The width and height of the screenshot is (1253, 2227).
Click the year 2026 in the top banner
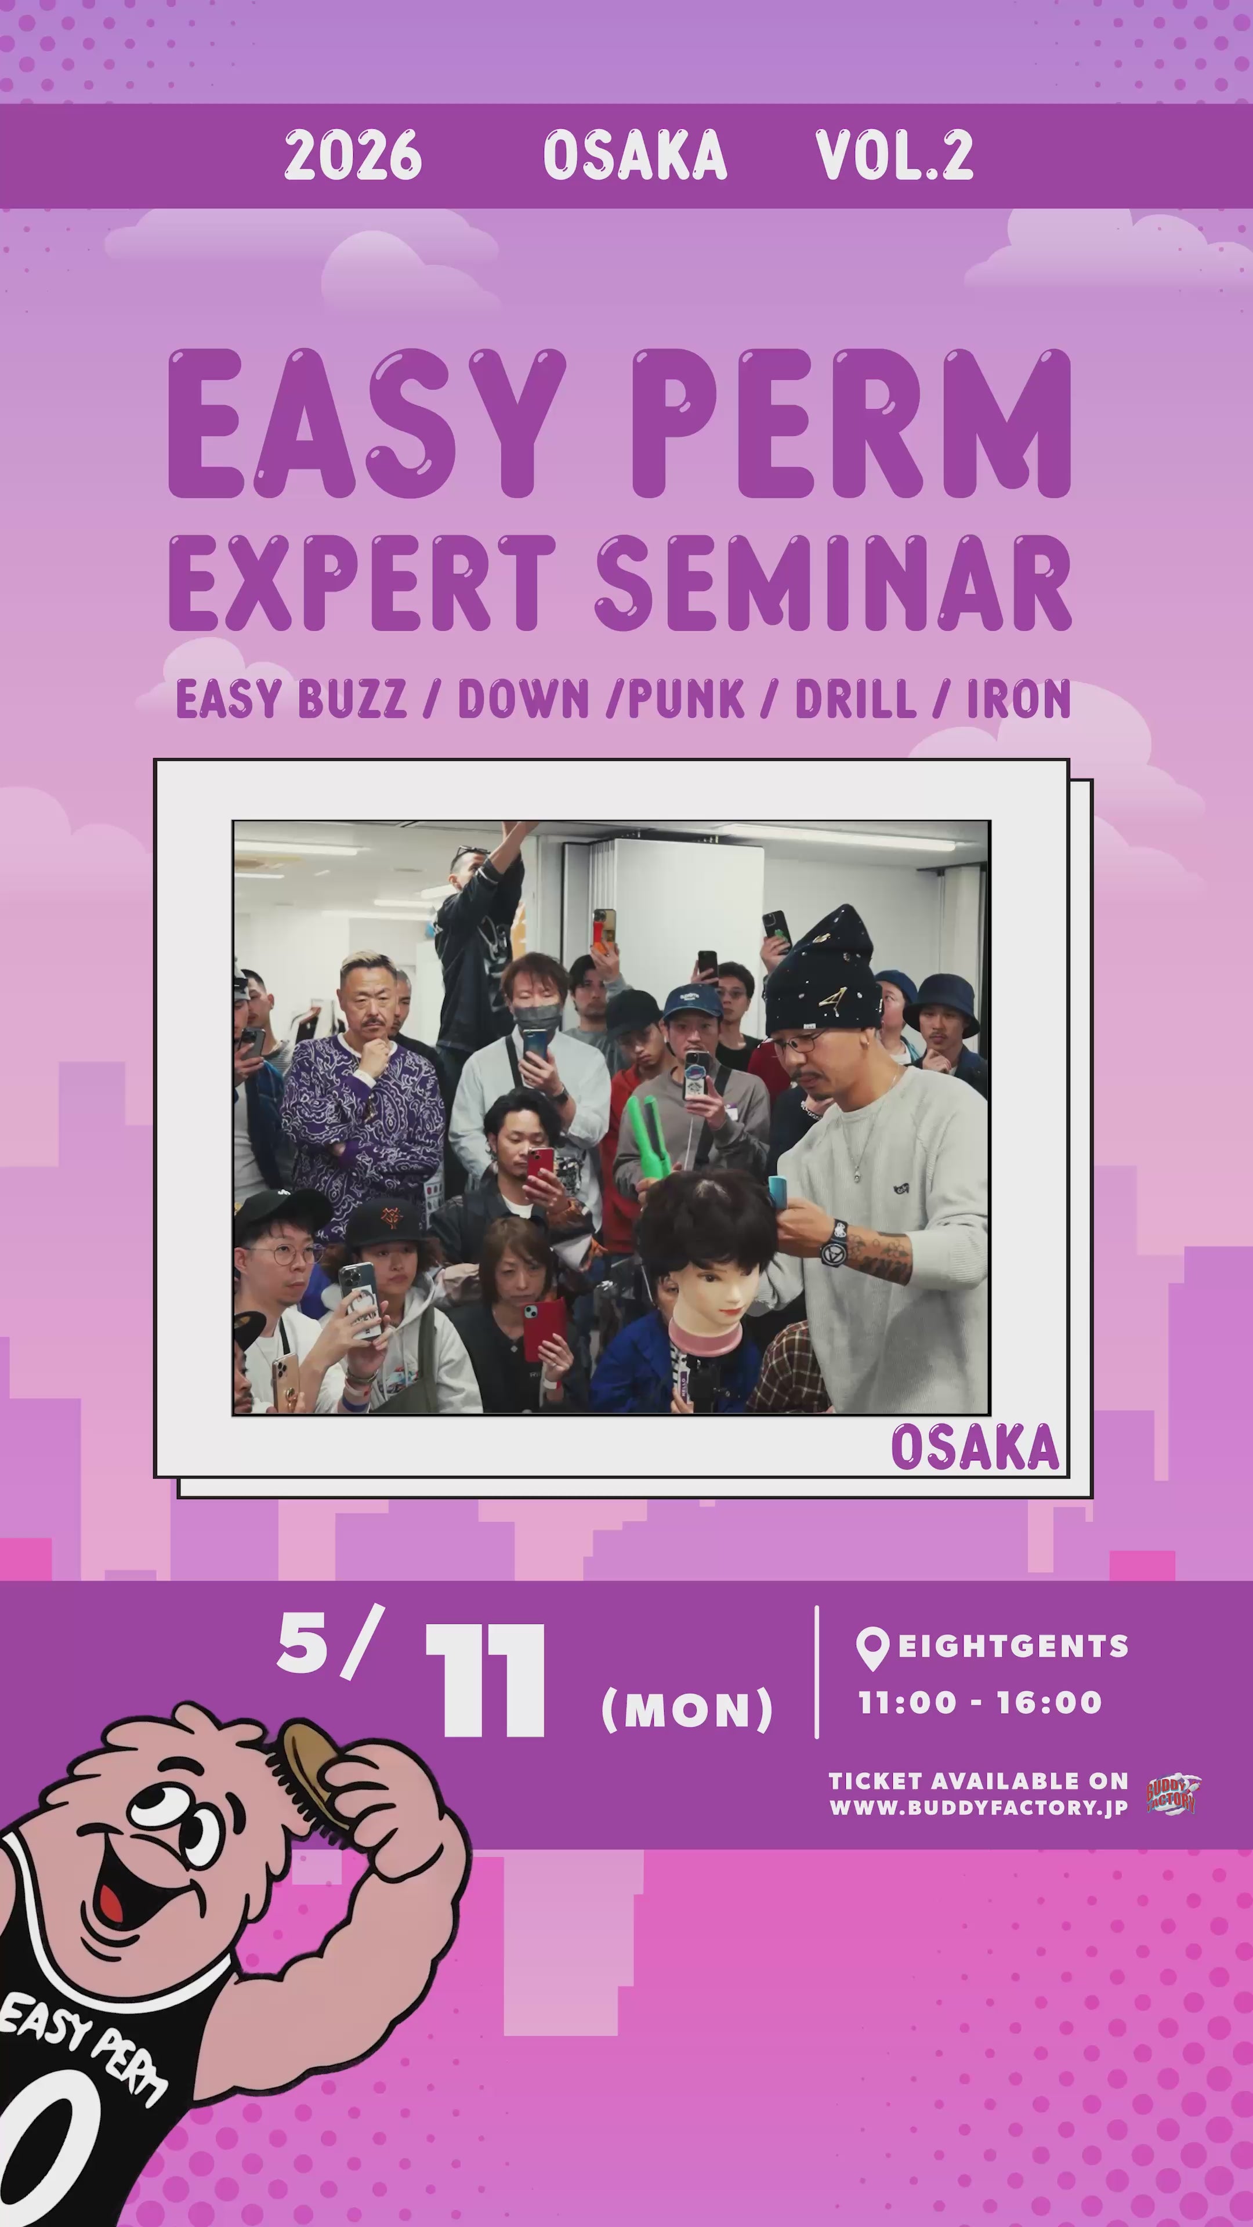pos(353,155)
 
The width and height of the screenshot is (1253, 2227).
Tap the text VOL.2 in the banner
pos(894,155)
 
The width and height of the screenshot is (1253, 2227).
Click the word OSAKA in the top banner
pos(635,155)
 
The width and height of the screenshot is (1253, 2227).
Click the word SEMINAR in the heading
pos(834,583)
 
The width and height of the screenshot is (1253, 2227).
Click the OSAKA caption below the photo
pos(975,1447)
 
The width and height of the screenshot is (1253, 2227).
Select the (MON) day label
pos(687,1709)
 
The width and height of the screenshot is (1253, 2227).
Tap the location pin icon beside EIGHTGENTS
pos(872,1648)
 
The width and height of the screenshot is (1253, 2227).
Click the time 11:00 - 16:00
pos(980,1702)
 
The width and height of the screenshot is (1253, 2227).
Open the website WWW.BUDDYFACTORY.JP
pos(978,1808)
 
